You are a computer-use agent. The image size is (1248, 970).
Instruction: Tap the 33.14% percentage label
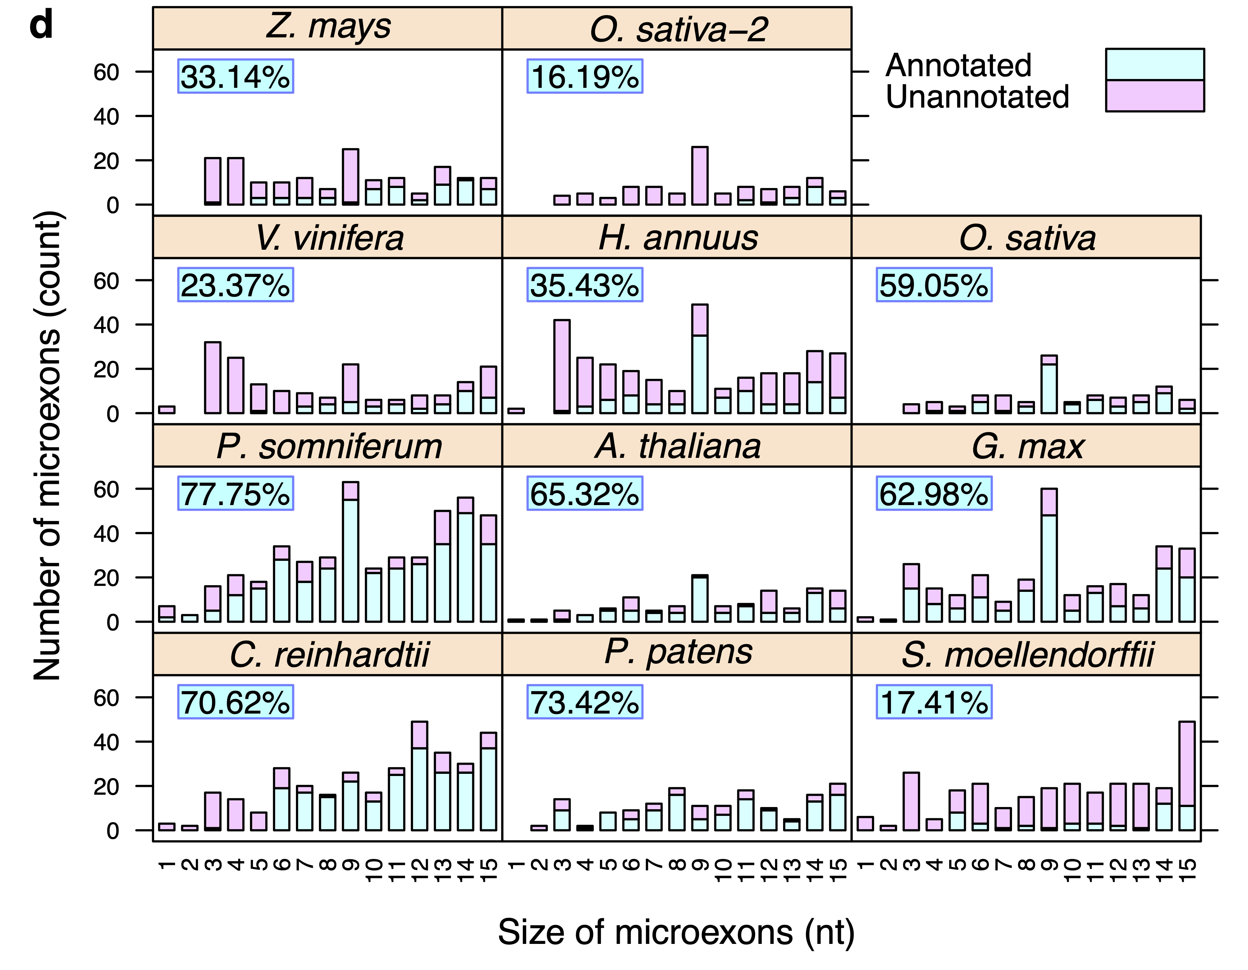click(235, 77)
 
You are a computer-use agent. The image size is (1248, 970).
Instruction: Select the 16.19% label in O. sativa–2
click(584, 77)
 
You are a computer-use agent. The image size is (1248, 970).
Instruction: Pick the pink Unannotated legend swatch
click(1154, 95)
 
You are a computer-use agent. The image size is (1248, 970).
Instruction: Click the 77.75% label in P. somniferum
click(235, 493)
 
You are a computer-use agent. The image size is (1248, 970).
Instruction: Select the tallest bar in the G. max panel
click(1049, 555)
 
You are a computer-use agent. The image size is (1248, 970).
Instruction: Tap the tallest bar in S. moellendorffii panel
click(1187, 776)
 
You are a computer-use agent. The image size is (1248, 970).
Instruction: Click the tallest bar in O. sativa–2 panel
click(699, 176)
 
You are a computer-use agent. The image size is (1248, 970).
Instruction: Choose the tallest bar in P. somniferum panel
click(350, 552)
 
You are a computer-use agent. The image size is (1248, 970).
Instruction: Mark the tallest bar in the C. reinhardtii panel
click(419, 776)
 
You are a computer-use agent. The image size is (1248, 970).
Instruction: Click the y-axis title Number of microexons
click(47, 445)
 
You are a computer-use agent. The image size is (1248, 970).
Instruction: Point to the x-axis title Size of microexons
click(676, 933)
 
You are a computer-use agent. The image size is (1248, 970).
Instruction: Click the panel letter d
click(41, 26)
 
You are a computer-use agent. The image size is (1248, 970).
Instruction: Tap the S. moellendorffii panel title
click(1027, 655)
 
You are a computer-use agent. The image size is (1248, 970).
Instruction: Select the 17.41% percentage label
click(934, 702)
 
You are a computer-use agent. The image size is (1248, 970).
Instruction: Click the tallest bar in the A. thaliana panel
click(699, 598)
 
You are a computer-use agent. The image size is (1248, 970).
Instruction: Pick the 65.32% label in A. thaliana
click(584, 493)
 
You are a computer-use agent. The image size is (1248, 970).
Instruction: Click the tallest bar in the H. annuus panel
click(699, 359)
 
